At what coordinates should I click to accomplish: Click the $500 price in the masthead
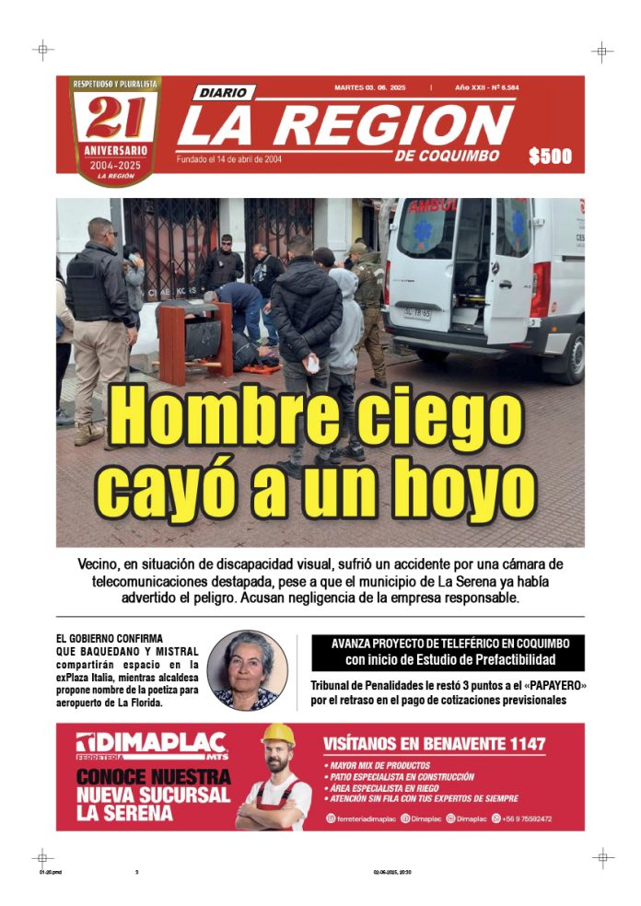tap(550, 157)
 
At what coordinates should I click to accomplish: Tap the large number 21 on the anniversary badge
tap(115, 117)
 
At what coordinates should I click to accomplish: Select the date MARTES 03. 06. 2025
tap(372, 88)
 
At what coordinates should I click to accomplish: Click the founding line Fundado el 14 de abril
tap(229, 159)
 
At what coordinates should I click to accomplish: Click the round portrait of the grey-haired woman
tap(247, 670)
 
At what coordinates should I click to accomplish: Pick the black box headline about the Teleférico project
tap(450, 652)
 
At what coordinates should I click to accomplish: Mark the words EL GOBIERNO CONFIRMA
tap(110, 638)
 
